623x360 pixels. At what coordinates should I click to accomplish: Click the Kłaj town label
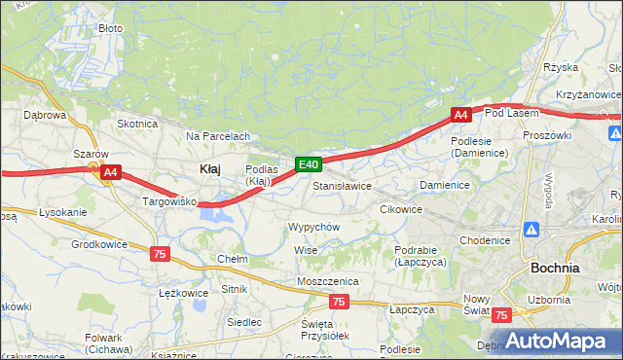click(209, 168)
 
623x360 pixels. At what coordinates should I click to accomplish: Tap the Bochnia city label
click(555, 268)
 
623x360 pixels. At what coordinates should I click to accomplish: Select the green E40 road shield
click(308, 165)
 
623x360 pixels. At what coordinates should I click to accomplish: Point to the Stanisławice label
click(342, 185)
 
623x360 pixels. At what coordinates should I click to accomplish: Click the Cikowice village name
click(400, 209)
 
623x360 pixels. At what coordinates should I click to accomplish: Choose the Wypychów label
click(313, 226)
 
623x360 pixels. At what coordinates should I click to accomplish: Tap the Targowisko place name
click(169, 201)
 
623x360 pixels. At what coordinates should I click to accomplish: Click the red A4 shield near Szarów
click(110, 173)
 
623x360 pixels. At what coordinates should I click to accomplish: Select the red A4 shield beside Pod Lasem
click(461, 115)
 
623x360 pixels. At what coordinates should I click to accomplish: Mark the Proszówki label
click(546, 135)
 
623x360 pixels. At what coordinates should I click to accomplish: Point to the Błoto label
click(111, 28)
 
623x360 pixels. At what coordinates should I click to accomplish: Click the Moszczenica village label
click(328, 281)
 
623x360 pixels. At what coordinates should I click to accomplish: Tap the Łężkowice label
click(183, 292)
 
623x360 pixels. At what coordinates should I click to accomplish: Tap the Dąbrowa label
click(44, 115)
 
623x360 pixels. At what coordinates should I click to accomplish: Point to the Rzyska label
click(562, 67)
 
